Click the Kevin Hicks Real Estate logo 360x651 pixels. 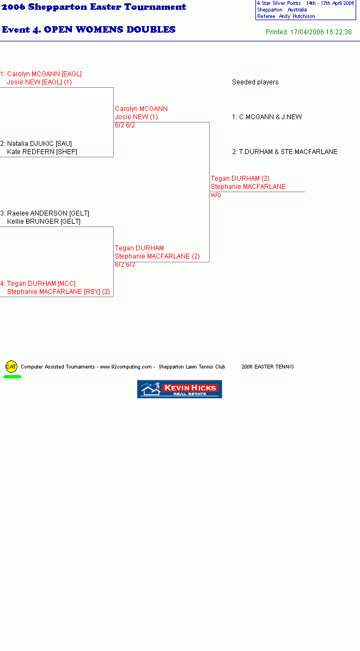[x=179, y=389]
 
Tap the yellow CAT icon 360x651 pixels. [x=11, y=367]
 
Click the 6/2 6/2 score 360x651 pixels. [x=125, y=125]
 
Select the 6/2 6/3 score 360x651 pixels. [x=125, y=265]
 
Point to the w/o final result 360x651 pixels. [x=216, y=195]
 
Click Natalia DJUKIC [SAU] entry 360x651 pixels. [x=36, y=144]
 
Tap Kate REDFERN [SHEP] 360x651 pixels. [x=42, y=152]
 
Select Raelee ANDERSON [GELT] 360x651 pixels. [x=45, y=213]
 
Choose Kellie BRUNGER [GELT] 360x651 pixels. [x=44, y=222]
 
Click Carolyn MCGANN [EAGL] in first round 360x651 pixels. [x=41, y=74]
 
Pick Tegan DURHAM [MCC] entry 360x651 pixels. [x=38, y=284]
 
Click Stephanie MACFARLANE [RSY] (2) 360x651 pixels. [x=58, y=292]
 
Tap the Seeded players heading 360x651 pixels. [x=255, y=82]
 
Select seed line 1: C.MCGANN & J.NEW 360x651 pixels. [x=267, y=117]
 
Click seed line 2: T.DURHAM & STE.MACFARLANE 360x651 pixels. [x=285, y=152]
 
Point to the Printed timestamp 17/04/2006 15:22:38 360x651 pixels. [x=309, y=32]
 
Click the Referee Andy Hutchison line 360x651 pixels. [x=286, y=16]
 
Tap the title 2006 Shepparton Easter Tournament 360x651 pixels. [x=94, y=7]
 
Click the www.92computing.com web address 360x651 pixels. [x=126, y=367]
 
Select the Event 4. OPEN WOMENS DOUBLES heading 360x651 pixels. [x=89, y=29]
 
